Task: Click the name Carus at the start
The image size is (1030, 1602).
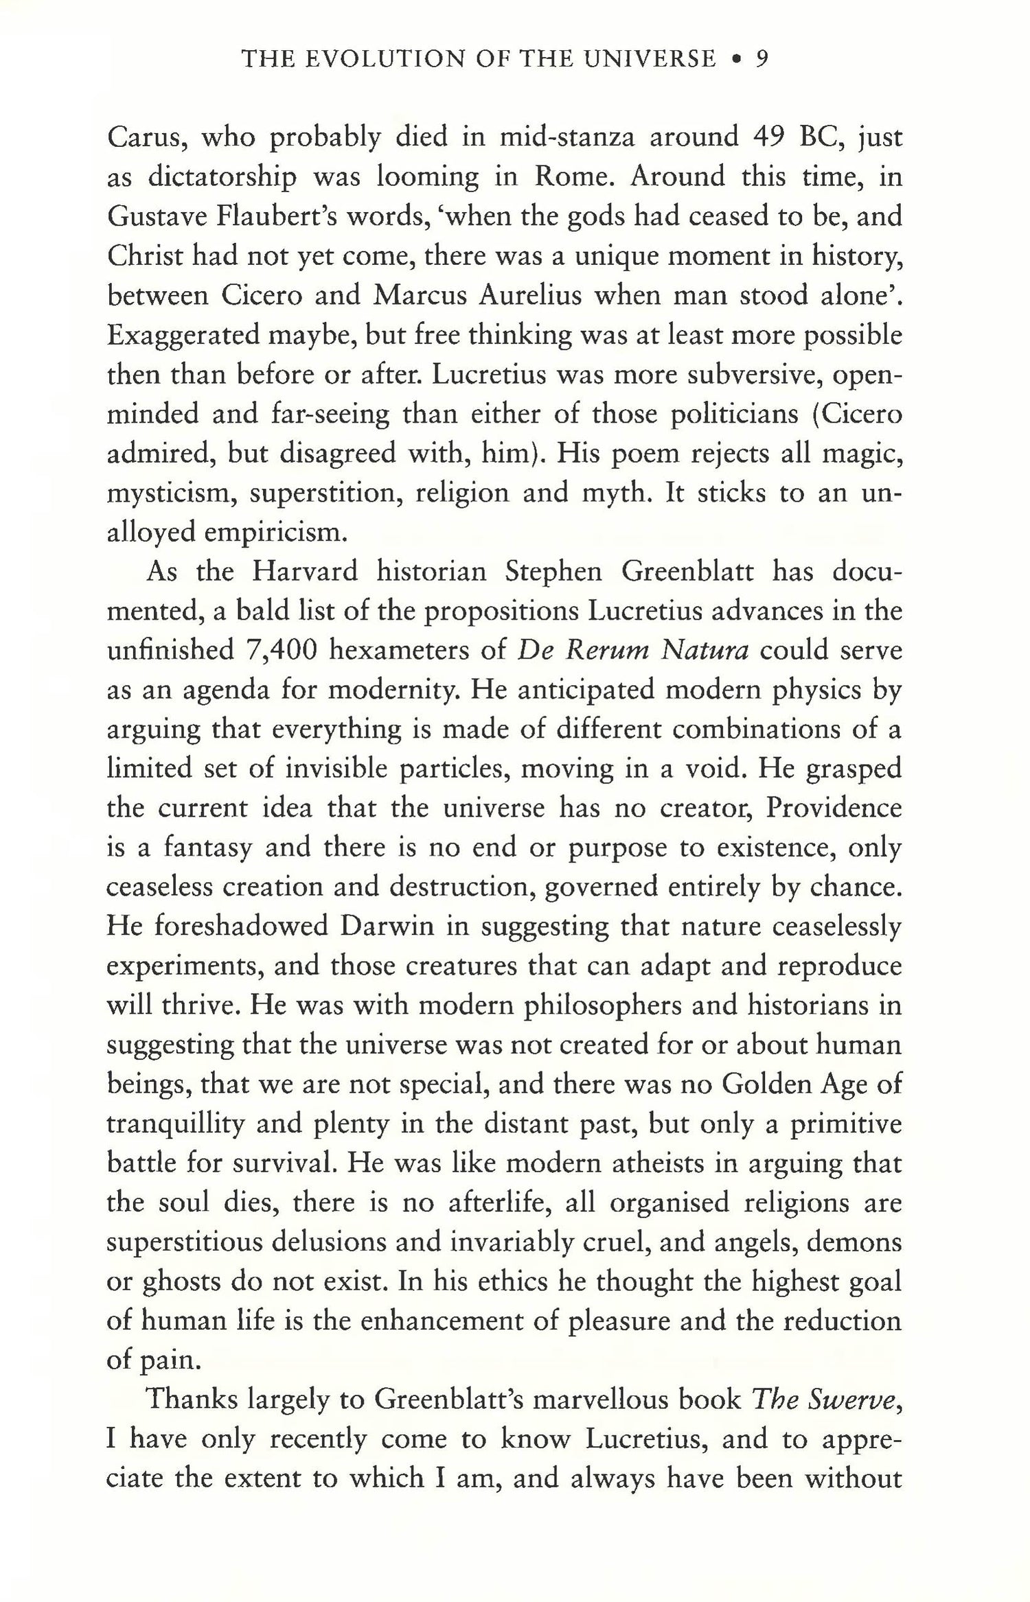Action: (x=145, y=138)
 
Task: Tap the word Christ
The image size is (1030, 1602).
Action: (x=142, y=256)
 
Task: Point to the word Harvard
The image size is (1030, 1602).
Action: (x=305, y=572)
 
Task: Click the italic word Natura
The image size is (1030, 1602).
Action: (x=704, y=651)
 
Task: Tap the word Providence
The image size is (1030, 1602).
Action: (x=833, y=809)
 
